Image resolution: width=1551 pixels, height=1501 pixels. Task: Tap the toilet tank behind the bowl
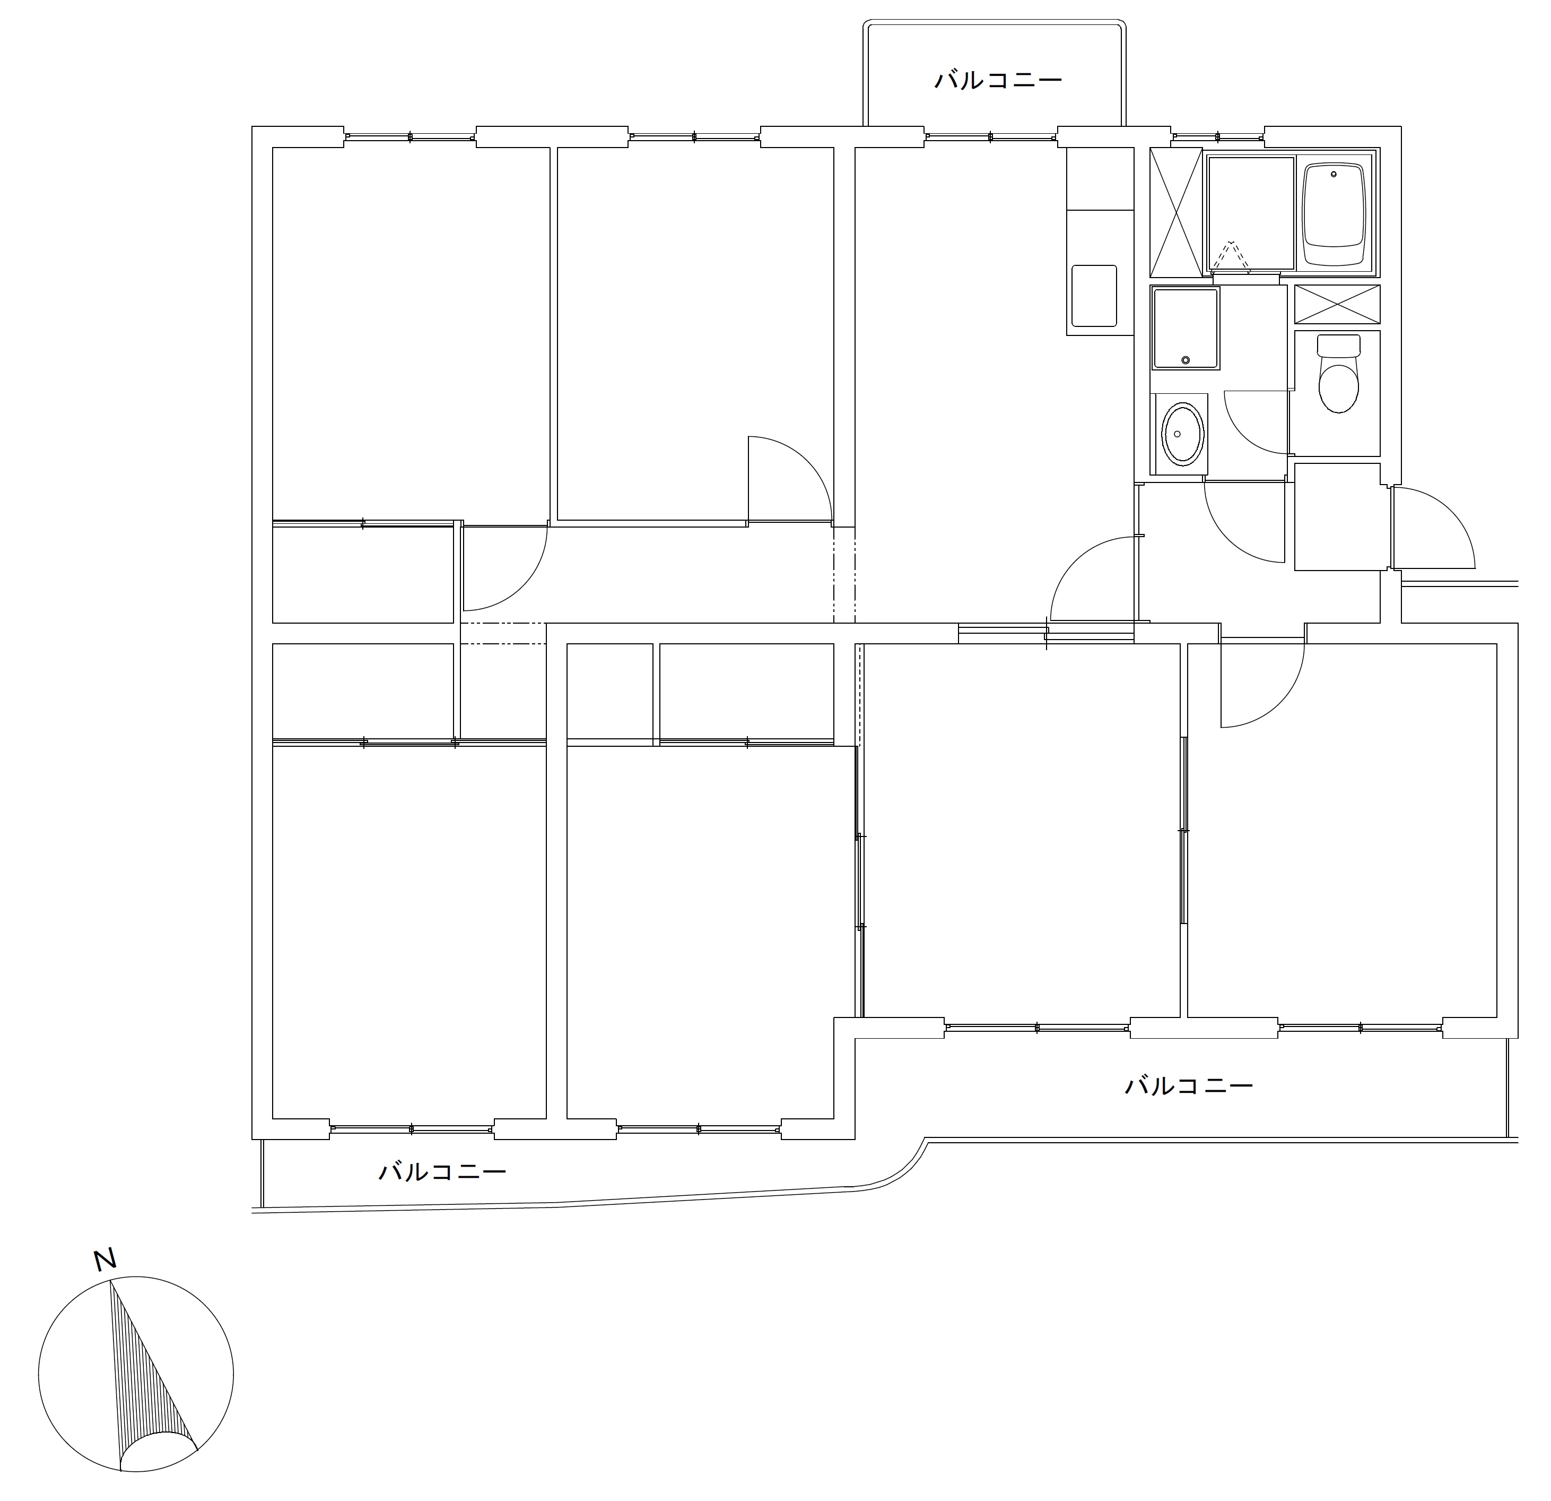point(1338,346)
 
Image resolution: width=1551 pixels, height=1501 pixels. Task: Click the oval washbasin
point(1182,434)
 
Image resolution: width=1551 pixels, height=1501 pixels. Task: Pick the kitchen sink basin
point(1094,296)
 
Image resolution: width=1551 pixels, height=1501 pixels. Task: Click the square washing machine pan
point(1186,329)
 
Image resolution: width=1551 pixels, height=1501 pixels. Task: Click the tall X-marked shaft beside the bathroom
point(1176,212)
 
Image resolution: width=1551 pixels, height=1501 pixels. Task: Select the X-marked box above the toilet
point(1337,304)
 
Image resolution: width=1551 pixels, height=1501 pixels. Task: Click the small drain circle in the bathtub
point(1334,174)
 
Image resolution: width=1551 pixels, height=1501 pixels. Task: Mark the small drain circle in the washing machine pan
point(1184,360)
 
